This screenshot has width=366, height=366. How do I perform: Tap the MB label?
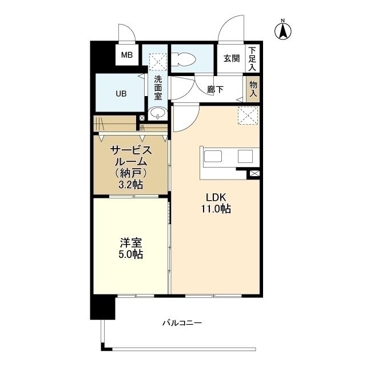click(126, 55)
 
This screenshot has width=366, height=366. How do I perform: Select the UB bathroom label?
click(121, 93)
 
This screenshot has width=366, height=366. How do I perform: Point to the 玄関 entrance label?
click(231, 58)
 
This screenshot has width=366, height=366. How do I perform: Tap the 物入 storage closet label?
click(253, 89)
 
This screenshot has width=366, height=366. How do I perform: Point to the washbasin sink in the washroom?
click(157, 113)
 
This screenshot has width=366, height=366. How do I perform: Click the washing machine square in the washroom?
click(157, 61)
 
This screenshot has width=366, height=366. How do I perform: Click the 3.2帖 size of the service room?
click(130, 184)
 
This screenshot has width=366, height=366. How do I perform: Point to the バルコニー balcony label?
click(181, 323)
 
